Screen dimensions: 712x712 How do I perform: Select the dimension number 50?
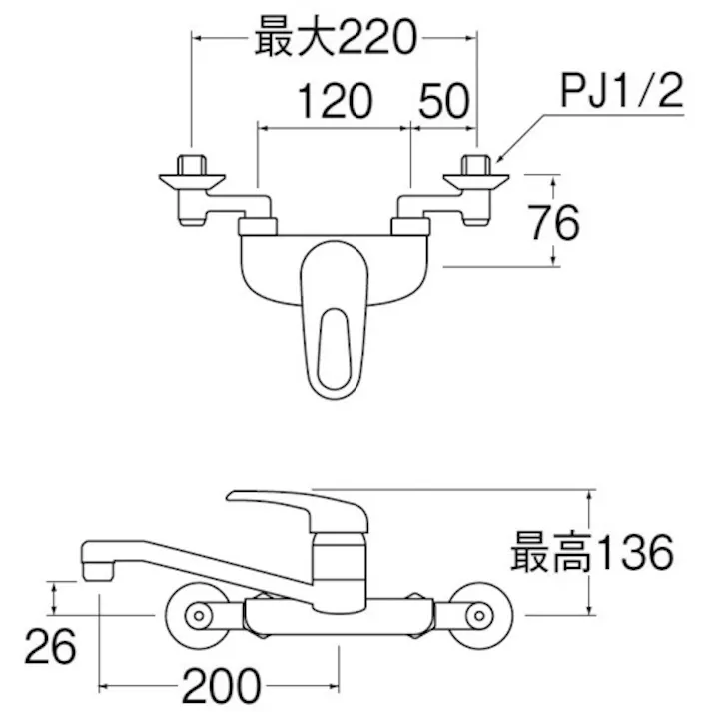click(443, 102)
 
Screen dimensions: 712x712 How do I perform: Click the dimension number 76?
click(554, 223)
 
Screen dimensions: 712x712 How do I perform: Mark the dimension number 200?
click(222, 686)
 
